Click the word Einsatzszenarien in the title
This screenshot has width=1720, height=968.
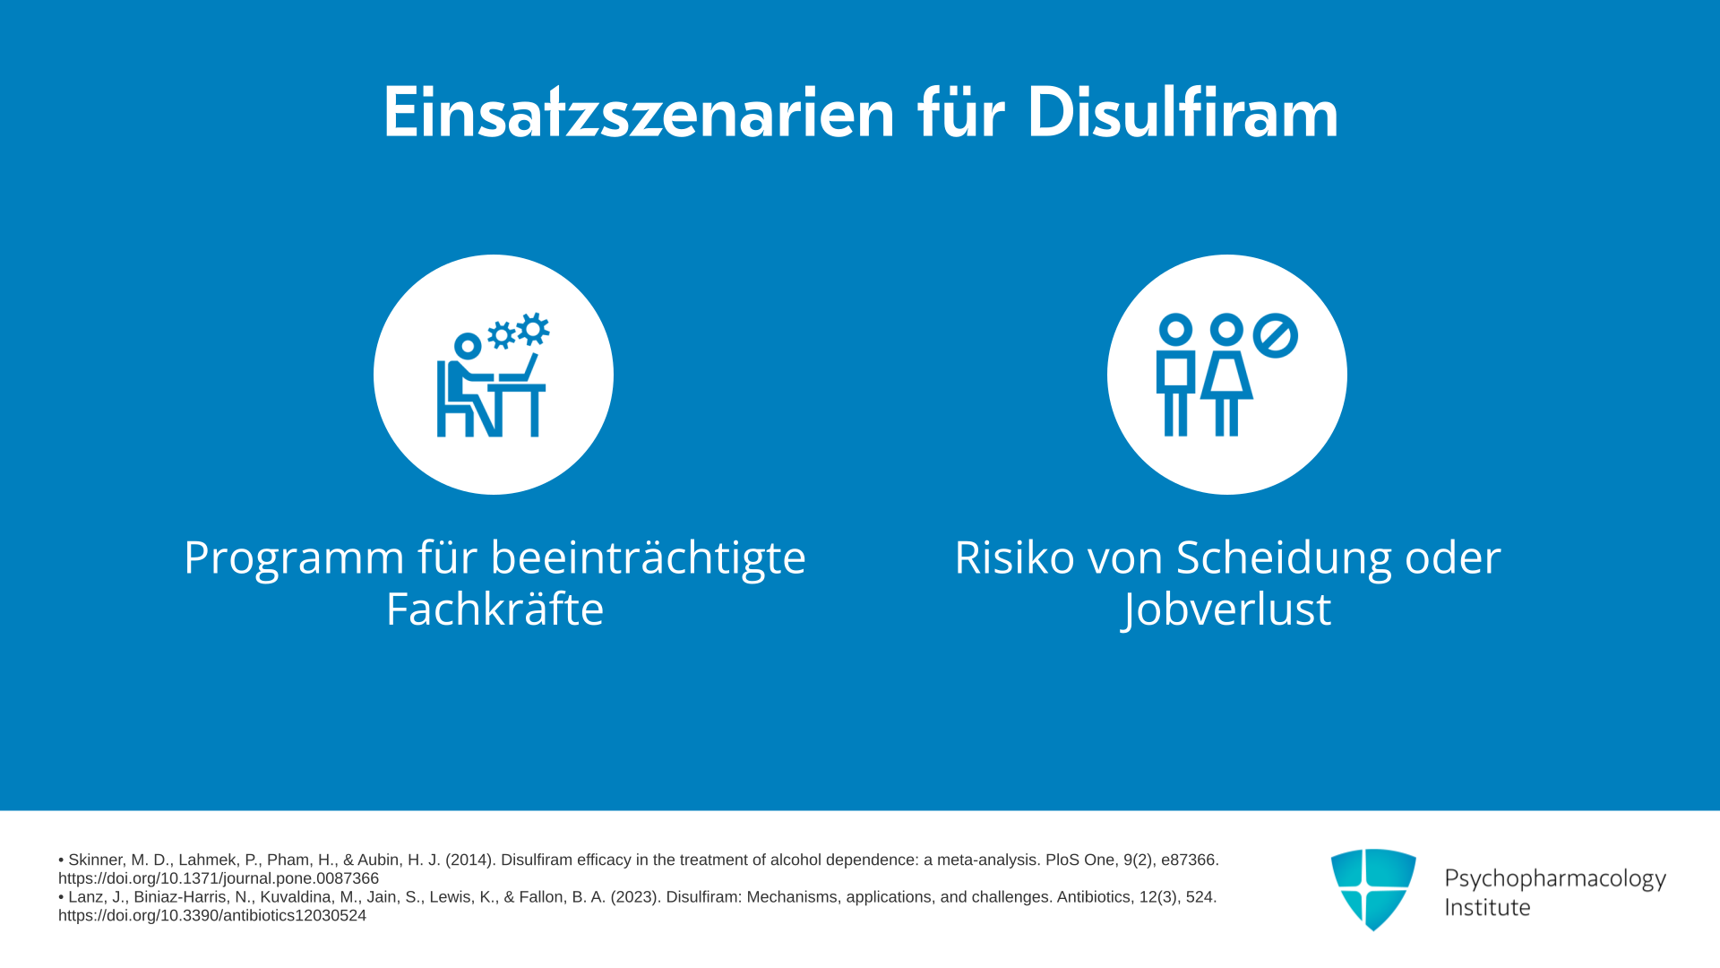click(639, 113)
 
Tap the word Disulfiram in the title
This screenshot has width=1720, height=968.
click(1182, 112)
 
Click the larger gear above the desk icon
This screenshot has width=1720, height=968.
click(533, 329)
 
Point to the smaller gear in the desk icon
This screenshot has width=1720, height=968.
click(502, 336)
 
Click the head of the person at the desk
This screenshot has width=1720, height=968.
click(468, 346)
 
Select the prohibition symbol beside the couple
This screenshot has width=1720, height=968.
click(1276, 336)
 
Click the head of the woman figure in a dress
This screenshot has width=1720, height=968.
click(1226, 330)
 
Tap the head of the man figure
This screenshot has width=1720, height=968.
click(1175, 330)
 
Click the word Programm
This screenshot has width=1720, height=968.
click(295, 558)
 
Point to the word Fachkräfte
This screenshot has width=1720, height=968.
click(494, 609)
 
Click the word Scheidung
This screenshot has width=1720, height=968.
click(1284, 557)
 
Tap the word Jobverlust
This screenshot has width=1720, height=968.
click(1226, 609)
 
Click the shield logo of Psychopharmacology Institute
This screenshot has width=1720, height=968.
click(1373, 889)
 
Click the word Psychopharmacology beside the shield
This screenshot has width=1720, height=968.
click(1555, 879)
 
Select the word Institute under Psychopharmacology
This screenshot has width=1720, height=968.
click(1487, 908)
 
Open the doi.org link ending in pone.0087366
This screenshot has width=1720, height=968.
click(219, 878)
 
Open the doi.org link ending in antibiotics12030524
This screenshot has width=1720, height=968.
click(212, 915)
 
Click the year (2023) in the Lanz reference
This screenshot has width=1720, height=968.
click(636, 897)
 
